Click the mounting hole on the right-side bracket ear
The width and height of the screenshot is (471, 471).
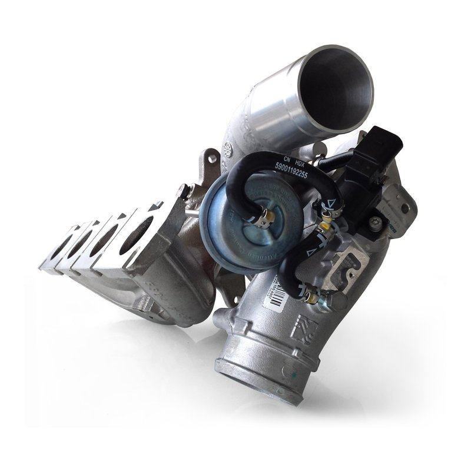(404, 208)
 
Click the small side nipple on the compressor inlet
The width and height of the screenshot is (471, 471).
(220, 320)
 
